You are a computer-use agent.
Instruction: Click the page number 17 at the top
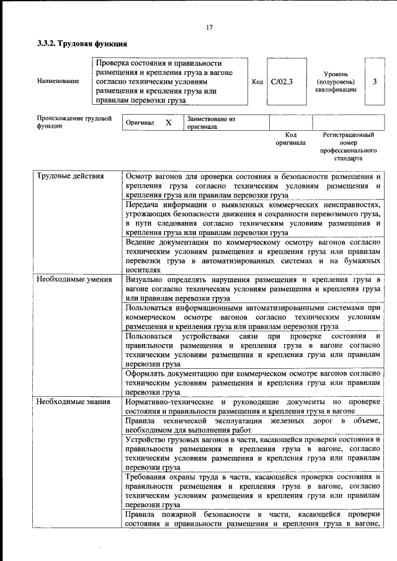209,27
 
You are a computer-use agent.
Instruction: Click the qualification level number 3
374,81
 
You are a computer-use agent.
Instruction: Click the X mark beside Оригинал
168,123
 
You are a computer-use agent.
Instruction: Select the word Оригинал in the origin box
140,123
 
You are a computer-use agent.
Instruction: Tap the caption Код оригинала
290,138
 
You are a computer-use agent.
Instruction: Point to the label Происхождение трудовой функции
74,121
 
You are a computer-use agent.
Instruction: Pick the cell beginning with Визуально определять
252,289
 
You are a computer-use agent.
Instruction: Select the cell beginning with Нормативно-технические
252,407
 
